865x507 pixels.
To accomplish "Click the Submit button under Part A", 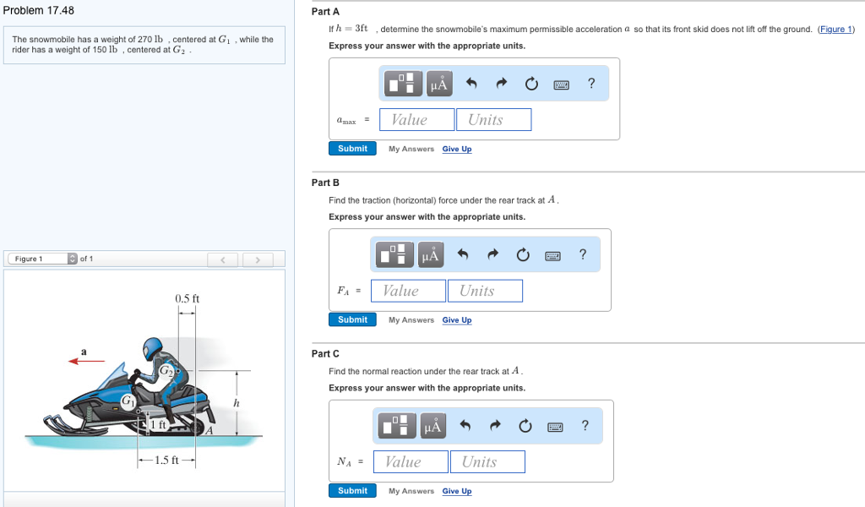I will coord(352,149).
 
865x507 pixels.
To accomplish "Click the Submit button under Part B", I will coord(352,319).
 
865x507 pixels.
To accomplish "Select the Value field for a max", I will coord(416,120).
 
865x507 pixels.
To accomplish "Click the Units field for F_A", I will coord(485,291).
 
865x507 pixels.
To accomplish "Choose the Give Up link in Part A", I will coord(457,150).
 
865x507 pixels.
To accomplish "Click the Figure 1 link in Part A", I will coord(835,30).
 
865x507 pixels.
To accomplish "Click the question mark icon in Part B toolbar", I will coord(583,254).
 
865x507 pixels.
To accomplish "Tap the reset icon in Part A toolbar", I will coord(531,84).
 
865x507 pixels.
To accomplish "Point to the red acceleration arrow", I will coord(86,361).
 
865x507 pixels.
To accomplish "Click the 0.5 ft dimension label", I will coord(187,298).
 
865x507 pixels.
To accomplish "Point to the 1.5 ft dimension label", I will coord(166,461).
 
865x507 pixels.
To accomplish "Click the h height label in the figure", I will coord(237,403).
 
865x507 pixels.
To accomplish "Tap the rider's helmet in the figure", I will coord(152,348).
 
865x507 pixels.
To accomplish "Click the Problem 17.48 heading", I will coord(38,11).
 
